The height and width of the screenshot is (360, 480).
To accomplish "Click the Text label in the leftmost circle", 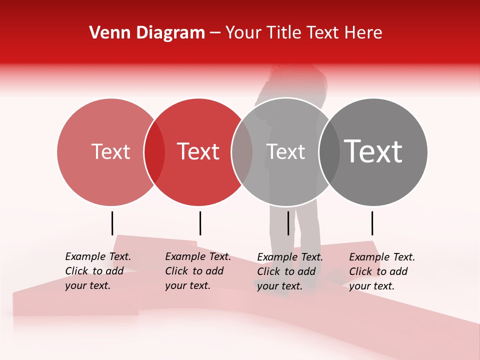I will tap(110, 151).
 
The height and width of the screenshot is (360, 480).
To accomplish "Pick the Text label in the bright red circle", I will tap(198, 151).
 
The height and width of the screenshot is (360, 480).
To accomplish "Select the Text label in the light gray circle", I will tap(285, 151).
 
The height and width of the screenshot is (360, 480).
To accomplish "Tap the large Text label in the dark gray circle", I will tap(373, 151).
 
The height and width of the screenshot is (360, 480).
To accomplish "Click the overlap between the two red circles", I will tap(154, 152).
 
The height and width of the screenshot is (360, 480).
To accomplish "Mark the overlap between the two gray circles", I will tap(329, 152).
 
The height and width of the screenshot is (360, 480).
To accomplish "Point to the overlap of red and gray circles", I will tap(242, 152).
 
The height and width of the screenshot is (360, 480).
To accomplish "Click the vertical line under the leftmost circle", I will tap(112, 223).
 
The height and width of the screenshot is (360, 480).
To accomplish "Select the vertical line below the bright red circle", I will tap(200, 223).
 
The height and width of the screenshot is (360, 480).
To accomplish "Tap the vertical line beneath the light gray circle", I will tap(288, 223).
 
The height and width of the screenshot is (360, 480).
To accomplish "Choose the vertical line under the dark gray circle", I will tap(372, 223).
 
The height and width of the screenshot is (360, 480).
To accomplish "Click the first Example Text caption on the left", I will tap(97, 271).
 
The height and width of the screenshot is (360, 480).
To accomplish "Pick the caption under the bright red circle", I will tap(197, 271).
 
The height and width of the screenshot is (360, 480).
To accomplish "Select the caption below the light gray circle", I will tap(289, 271).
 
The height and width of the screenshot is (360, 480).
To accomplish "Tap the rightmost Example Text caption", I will tap(381, 271).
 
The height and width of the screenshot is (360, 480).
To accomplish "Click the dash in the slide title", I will tap(215, 33).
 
